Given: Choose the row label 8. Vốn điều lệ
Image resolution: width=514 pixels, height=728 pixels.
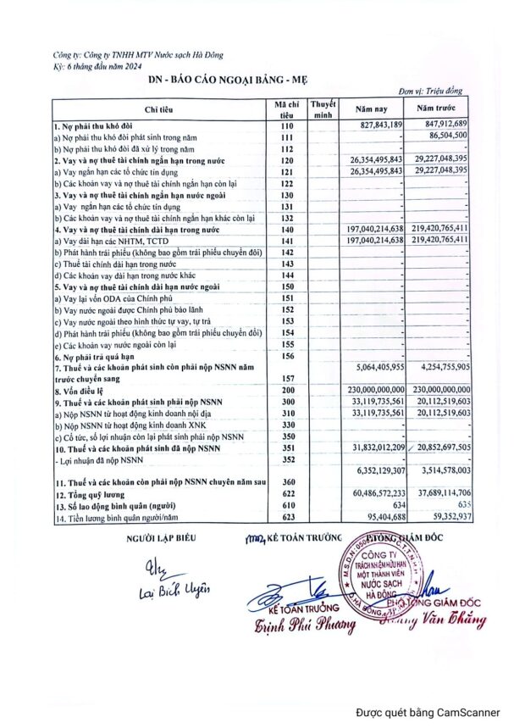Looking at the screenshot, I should pyautogui.click(x=83, y=390).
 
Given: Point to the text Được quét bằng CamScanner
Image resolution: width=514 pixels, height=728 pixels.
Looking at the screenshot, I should pyautogui.click(x=427, y=713).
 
